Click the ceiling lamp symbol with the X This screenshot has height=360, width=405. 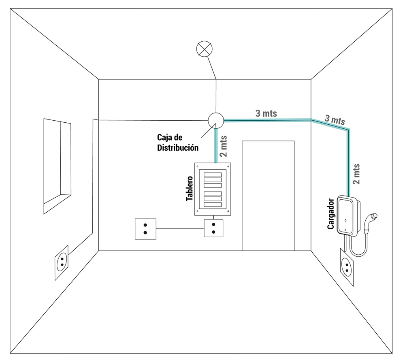point(203,49)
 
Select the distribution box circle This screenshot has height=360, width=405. point(215,120)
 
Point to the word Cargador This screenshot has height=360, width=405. point(331,214)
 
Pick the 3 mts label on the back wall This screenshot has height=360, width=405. point(266,113)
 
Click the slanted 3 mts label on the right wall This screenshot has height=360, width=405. point(335,120)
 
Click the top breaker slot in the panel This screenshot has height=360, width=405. point(213,175)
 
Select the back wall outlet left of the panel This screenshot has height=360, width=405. point(145,229)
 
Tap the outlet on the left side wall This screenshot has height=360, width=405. point(62,263)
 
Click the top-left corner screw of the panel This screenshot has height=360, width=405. point(198,166)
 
